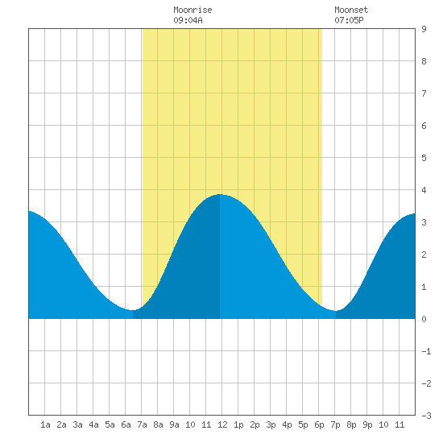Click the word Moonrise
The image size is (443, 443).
193,10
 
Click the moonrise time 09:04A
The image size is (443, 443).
188,20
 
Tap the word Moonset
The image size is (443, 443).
351,10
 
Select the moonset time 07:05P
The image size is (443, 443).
349,20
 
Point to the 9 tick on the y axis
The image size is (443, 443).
424,29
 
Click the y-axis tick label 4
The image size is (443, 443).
424,190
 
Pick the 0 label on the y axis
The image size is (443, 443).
424,319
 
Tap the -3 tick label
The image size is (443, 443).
426,416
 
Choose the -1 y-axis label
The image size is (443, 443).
426,351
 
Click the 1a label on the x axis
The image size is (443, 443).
45,424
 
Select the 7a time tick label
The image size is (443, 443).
142,424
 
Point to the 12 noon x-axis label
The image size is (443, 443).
222,424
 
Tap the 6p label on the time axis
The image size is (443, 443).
319,424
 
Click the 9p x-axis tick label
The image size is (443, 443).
367,424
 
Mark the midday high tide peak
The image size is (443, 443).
220,194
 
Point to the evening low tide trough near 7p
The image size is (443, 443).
335,311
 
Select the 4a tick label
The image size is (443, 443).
93,424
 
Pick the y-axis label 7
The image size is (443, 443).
424,93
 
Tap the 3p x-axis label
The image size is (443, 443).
271,424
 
